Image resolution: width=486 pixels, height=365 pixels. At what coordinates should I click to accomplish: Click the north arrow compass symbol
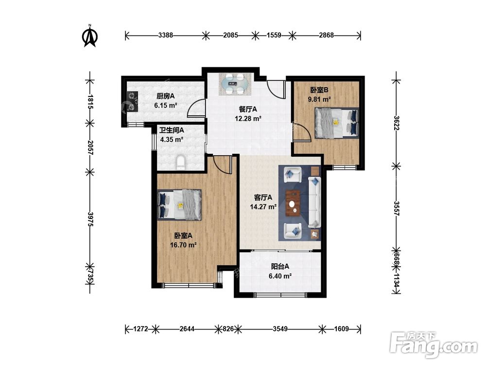90,36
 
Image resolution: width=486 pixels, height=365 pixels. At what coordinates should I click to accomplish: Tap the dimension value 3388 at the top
166,35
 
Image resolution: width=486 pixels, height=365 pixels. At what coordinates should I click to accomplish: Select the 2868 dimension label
327,35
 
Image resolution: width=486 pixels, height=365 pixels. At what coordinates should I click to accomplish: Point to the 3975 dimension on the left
90,219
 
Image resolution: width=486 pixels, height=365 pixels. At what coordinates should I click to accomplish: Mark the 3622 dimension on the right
397,123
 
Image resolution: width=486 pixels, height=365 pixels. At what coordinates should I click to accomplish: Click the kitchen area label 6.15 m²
166,106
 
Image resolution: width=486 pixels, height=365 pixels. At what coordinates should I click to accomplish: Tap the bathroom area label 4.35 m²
172,140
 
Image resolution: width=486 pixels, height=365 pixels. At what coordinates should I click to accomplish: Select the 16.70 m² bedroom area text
183,245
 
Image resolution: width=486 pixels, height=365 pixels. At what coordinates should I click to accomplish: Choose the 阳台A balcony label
280,267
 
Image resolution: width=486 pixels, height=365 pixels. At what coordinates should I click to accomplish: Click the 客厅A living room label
263,198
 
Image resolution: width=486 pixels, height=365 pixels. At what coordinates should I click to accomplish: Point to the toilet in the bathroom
180,163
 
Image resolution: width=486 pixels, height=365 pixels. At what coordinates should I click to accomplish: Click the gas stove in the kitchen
132,101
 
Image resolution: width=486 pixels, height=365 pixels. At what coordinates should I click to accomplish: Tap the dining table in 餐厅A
234,84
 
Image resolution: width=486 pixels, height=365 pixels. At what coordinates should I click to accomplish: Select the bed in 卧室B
337,123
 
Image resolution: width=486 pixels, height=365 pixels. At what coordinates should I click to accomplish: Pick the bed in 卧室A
179,205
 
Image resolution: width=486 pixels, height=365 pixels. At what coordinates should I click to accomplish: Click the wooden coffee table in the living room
293,203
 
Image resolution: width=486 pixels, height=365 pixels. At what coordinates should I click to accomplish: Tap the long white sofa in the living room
314,202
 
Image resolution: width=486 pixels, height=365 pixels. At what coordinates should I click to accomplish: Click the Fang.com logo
434,345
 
